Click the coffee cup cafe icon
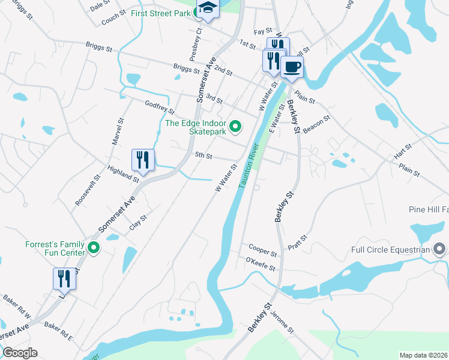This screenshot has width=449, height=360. [292, 67]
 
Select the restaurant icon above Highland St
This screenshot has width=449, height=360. [143, 160]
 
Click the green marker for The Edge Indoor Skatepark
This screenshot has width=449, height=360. [236, 126]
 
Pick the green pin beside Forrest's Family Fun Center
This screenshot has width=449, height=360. [94, 247]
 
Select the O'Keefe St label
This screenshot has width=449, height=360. [261, 263]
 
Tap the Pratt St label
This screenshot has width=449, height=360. [297, 242]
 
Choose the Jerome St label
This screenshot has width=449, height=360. [282, 322]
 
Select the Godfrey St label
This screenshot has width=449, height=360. [159, 107]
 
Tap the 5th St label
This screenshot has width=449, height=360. [203, 156]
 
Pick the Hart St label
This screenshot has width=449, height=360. [403, 152]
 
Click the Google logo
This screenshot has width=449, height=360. [19, 353]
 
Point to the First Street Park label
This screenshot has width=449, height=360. [160, 13]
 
